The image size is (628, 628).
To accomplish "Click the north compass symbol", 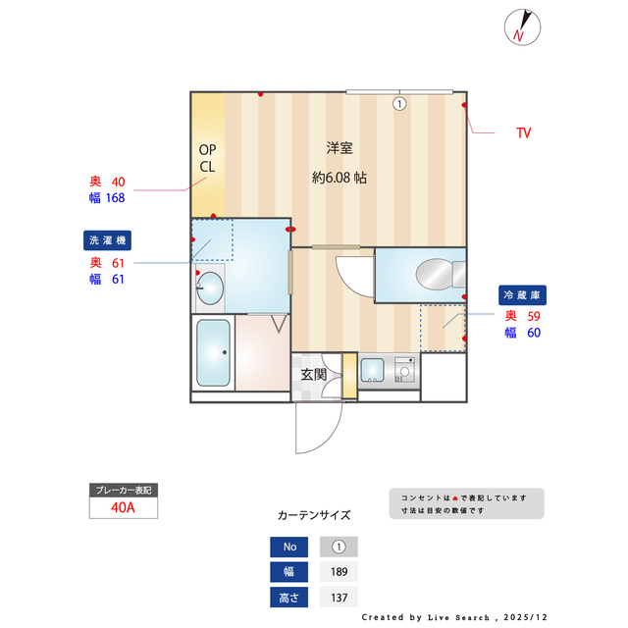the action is (x=522, y=27).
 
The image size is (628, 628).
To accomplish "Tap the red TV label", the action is (x=523, y=133).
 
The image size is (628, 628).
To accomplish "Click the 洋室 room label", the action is (x=340, y=148).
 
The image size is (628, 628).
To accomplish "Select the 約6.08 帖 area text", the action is (x=339, y=178).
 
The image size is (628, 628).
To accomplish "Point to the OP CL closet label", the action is (x=207, y=158).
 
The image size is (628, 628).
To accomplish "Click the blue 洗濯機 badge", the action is (x=107, y=240).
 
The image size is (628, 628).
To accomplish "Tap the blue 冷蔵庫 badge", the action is (x=522, y=295).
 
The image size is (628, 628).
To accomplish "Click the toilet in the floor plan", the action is (x=441, y=275).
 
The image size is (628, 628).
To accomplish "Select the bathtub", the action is (x=213, y=352).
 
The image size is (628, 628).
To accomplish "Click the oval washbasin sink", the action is (x=210, y=288).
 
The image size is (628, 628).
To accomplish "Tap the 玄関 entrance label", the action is (x=314, y=375).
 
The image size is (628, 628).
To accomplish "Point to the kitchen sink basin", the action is (x=373, y=370).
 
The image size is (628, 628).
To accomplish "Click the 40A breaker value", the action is (x=123, y=507).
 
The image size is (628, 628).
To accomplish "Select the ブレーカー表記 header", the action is (x=124, y=491).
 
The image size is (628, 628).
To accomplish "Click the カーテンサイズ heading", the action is (x=314, y=515).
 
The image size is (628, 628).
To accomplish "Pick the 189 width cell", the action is (x=339, y=571).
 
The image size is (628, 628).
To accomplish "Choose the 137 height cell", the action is (x=339, y=598).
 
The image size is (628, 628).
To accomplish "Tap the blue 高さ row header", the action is (x=289, y=598).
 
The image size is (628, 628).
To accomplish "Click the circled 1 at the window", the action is (x=399, y=104).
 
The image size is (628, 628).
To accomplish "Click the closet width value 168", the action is (x=116, y=198).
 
